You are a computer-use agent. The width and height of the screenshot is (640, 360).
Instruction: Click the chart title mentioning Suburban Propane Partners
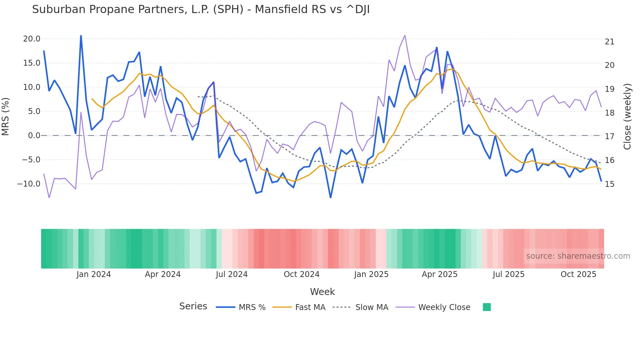(200, 9)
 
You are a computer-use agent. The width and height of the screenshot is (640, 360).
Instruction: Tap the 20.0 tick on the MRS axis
(32, 39)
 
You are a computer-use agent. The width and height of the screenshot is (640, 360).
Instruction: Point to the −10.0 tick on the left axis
(29, 184)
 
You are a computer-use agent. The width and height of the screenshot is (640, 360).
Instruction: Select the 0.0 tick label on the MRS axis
(34, 136)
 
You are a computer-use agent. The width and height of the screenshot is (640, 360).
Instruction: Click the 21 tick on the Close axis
(609, 42)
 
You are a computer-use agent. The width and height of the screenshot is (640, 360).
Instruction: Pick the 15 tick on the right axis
(609, 184)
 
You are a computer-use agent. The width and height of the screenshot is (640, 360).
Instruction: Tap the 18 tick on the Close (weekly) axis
(609, 113)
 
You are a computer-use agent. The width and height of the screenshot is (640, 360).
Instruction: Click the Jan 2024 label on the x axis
(94, 274)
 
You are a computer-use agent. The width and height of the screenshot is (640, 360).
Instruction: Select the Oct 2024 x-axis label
(301, 274)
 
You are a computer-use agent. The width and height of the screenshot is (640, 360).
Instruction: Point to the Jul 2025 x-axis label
(508, 274)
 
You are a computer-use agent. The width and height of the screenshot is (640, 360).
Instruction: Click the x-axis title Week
(322, 292)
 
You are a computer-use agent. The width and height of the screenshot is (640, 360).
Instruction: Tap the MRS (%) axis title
(6, 116)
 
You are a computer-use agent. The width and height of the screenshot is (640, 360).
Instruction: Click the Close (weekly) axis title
(627, 116)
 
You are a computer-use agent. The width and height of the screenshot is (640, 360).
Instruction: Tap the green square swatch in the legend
(487, 307)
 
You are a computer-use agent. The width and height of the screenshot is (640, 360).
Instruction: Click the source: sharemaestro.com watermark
(578, 256)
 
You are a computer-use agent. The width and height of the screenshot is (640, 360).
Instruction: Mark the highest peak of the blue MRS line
(81, 36)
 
